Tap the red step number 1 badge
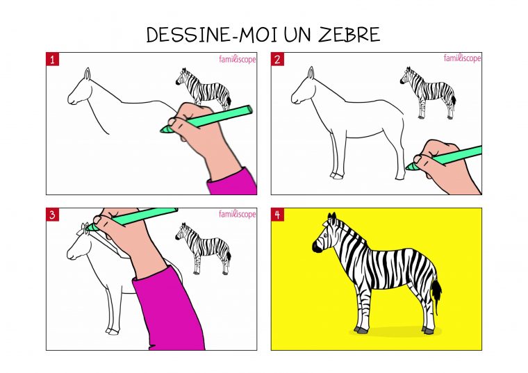52,59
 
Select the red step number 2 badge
277,59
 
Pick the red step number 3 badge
52,215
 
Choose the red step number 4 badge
277,215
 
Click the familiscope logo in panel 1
238,59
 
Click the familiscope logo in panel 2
462,58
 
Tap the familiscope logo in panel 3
238,214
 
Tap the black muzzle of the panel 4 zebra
316,247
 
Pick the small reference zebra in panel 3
205,247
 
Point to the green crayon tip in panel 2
411,167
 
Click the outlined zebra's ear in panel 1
87,74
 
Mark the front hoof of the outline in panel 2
336,176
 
